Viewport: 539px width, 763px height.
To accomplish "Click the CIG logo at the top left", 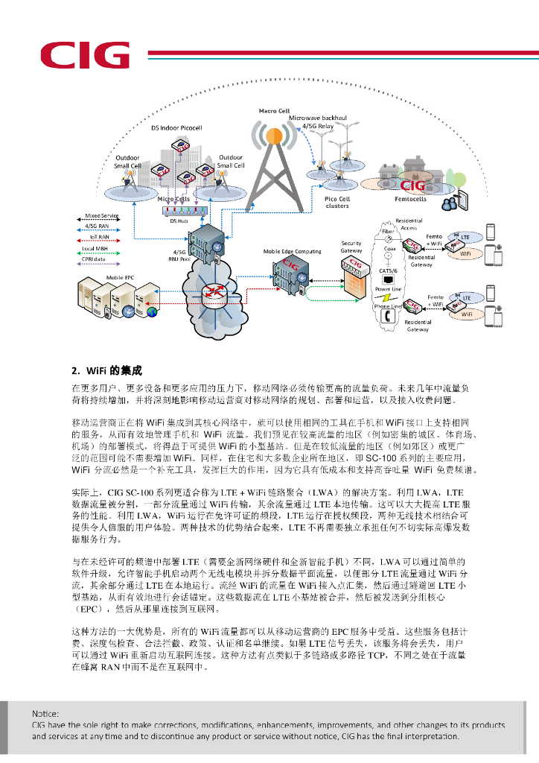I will [84, 55].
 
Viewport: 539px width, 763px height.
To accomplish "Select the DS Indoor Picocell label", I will [176, 128].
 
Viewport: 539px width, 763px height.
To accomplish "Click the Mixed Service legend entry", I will [102, 215].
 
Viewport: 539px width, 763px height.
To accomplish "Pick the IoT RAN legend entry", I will [102, 236].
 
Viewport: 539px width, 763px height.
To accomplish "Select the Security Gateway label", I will [351, 247].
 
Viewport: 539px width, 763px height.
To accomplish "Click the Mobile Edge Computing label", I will [293, 252].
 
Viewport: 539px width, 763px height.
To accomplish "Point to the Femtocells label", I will [410, 200].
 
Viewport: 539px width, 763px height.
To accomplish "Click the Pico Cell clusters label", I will [338, 203].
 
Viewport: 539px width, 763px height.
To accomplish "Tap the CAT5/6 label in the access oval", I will [389, 270].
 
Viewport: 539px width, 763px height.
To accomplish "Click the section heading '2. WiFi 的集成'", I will [106, 370].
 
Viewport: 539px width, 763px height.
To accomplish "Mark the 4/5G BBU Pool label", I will [179, 256].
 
